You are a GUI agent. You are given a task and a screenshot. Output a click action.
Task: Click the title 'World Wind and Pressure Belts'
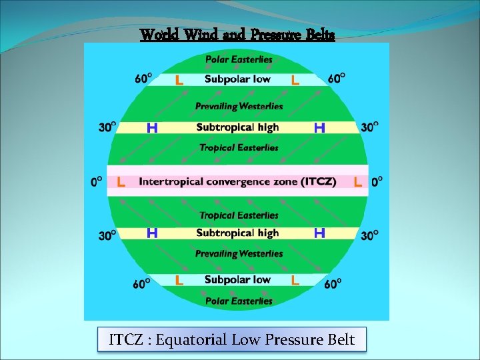[x=237, y=35]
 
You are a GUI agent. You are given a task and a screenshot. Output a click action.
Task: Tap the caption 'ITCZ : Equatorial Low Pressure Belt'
[x=231, y=340]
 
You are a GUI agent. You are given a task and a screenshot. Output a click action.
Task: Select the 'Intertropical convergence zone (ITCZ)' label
[x=237, y=181]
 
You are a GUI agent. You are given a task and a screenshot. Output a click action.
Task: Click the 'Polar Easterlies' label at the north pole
[x=239, y=59]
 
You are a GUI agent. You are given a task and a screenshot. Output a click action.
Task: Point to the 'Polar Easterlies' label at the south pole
[x=239, y=301]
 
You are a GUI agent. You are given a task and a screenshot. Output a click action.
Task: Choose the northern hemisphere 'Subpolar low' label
[x=237, y=79]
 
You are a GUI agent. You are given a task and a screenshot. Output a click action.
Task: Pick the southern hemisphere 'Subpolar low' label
[x=237, y=280]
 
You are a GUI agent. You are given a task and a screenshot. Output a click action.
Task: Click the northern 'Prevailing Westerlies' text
[x=239, y=106]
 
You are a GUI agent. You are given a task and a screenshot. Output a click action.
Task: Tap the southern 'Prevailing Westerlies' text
[x=239, y=254]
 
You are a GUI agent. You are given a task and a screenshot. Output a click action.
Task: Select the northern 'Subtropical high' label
[x=237, y=127]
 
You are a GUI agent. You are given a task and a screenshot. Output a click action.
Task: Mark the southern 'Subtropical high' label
[x=237, y=233]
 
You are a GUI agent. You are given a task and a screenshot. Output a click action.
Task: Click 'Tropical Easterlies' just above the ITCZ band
[x=239, y=147]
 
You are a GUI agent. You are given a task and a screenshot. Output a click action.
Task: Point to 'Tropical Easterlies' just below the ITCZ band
[x=239, y=215]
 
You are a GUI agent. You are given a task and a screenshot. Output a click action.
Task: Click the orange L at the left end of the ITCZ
[x=121, y=182]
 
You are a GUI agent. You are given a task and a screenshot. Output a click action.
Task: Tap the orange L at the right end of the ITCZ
[x=358, y=182]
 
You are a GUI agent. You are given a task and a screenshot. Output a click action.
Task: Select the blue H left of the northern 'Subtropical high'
[x=152, y=127]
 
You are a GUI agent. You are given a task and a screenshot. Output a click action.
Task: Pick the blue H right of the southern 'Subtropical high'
[x=319, y=233]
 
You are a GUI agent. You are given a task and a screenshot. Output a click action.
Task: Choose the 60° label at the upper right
[x=337, y=79]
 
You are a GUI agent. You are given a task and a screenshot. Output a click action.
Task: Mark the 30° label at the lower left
[x=108, y=235]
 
